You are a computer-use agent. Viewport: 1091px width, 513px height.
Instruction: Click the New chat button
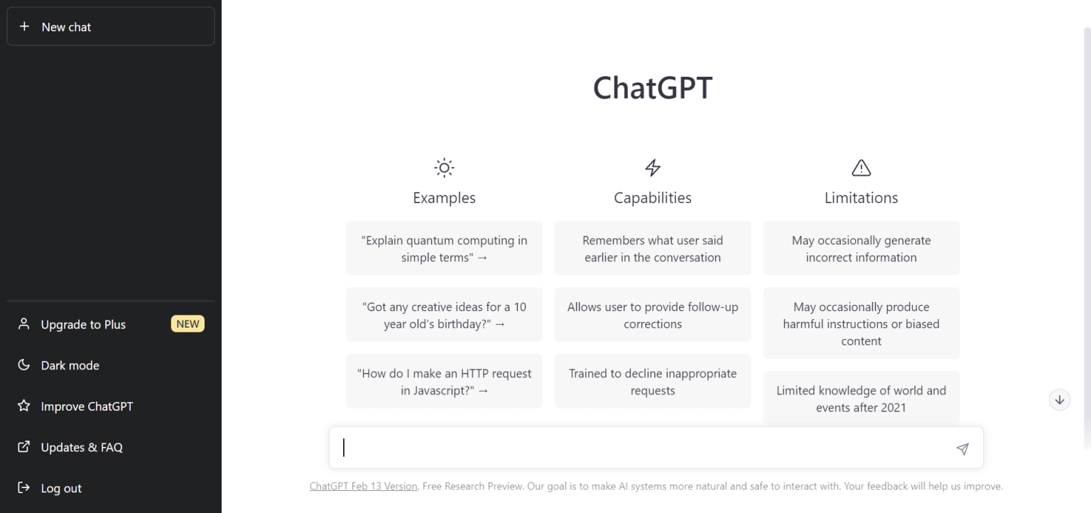110,27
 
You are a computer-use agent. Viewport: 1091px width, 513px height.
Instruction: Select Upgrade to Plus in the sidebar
83,325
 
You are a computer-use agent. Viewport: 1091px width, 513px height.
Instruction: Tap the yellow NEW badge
188,324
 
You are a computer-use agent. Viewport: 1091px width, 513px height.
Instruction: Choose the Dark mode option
70,365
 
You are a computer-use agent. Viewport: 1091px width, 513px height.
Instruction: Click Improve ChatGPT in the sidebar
87,406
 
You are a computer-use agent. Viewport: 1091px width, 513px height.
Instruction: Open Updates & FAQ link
82,448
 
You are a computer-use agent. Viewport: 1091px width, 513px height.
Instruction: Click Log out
61,489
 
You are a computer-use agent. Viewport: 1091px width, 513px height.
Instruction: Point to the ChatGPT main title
652,88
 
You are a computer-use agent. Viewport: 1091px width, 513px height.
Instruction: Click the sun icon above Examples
444,168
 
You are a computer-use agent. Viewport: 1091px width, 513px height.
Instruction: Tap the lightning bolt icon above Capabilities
652,168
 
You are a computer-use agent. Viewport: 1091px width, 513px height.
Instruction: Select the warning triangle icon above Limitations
861,168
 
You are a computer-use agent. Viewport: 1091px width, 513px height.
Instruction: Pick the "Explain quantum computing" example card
444,249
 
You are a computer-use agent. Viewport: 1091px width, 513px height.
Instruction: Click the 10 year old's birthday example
444,315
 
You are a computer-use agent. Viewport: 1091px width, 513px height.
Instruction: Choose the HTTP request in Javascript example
444,382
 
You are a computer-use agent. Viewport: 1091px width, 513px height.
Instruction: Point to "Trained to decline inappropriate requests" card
652,382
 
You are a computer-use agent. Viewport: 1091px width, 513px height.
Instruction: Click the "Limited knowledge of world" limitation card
861,399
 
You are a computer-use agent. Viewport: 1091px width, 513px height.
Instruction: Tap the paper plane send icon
962,448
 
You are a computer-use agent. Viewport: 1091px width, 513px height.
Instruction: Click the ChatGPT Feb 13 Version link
363,487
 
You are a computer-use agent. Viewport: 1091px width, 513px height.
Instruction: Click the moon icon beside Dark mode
24,365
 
